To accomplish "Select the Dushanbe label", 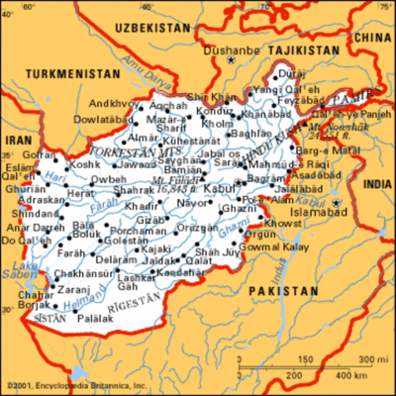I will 225,49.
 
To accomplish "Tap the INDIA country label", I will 378,185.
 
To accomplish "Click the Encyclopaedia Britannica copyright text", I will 75,385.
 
